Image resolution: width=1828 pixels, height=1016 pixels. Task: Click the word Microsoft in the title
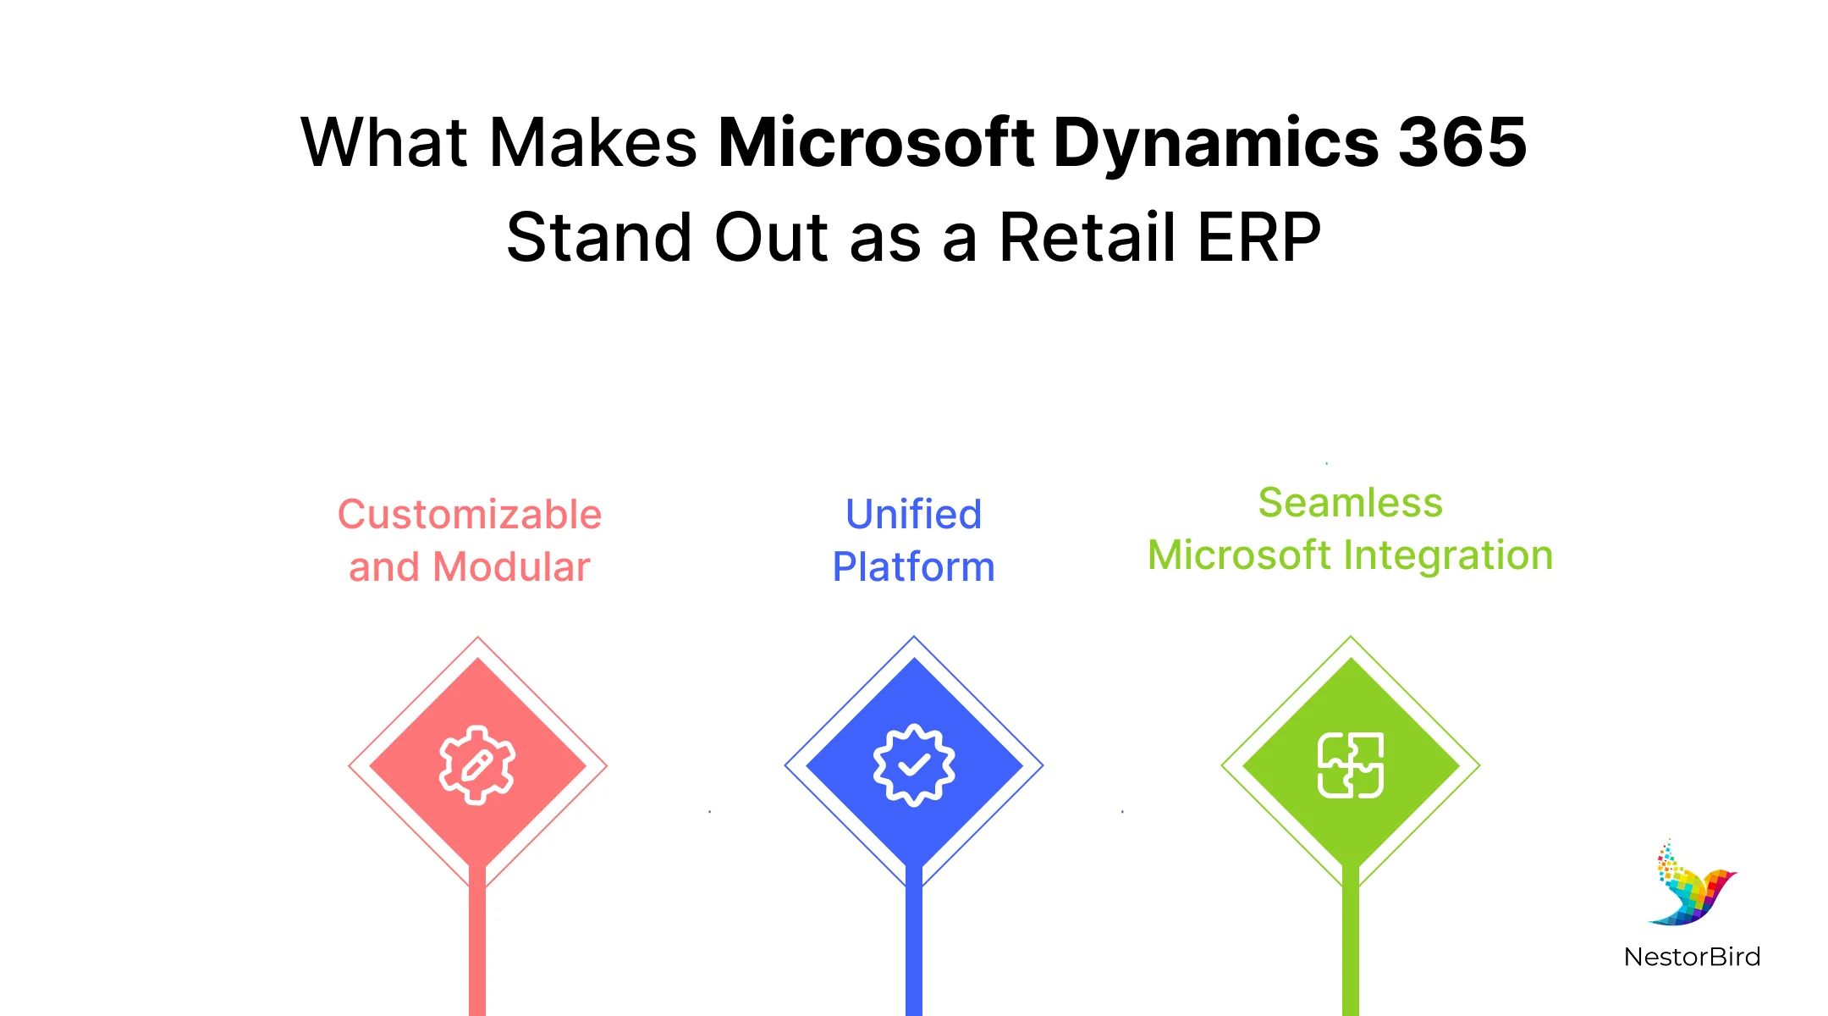click(x=876, y=142)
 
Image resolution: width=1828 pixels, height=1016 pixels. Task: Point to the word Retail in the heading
click(x=1087, y=238)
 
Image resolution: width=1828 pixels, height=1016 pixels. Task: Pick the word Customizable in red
click(x=470, y=515)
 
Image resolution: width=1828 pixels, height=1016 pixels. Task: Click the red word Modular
click(x=511, y=567)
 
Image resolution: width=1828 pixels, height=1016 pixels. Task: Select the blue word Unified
click(x=914, y=515)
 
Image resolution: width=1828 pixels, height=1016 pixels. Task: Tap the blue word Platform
click(x=914, y=567)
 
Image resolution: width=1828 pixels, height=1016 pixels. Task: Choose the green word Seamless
click(x=1351, y=503)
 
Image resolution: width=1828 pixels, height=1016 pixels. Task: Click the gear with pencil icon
click(x=477, y=765)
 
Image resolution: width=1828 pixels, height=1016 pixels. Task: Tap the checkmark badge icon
click(x=914, y=765)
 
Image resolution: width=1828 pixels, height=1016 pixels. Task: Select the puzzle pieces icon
click(x=1351, y=765)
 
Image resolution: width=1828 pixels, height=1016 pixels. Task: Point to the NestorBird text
click(x=1692, y=957)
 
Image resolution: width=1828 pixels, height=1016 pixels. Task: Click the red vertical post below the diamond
click(x=477, y=948)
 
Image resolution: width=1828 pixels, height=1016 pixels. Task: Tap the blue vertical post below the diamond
click(x=914, y=948)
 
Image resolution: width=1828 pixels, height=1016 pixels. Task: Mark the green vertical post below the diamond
click(x=1351, y=948)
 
